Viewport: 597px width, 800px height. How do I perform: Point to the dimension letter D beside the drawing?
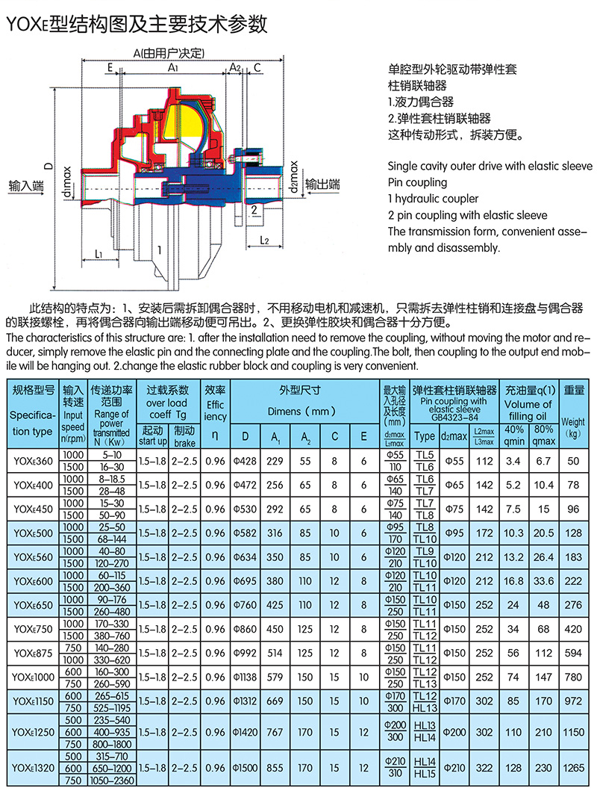(48, 165)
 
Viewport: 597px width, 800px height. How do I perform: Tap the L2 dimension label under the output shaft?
(266, 240)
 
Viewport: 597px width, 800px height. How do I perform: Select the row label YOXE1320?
(33, 768)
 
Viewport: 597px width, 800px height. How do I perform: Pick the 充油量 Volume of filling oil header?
(529, 400)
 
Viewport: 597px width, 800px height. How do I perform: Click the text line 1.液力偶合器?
(421, 102)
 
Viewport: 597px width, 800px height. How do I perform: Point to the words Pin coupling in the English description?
(418, 182)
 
